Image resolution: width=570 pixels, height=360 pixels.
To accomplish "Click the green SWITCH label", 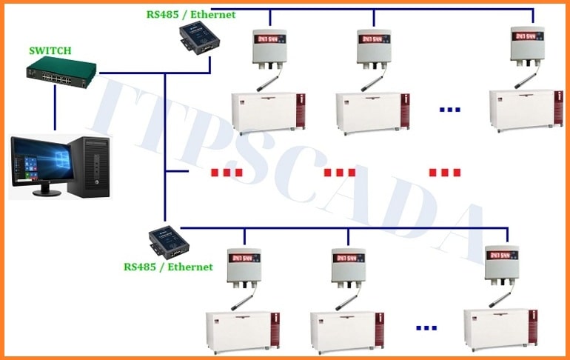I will (x=50, y=51).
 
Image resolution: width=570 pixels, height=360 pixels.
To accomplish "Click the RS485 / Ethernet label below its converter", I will (x=168, y=267).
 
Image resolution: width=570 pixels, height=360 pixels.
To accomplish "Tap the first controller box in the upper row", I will (x=270, y=47).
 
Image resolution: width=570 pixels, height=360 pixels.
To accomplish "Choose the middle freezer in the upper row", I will (x=372, y=113).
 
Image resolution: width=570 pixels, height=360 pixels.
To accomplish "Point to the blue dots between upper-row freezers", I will (x=449, y=110).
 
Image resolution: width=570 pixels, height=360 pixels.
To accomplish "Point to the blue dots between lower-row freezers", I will (x=426, y=327).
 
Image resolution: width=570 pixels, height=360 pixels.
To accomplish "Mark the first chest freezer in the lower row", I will (x=243, y=331).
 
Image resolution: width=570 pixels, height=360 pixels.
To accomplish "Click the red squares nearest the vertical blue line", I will (x=227, y=173).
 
